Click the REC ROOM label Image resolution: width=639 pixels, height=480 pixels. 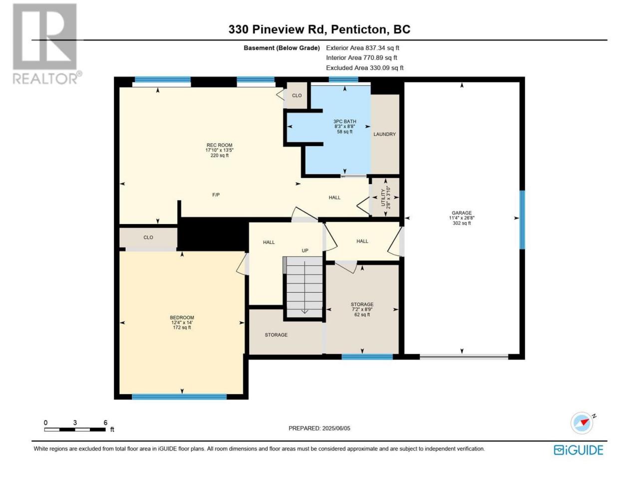coord(219,145)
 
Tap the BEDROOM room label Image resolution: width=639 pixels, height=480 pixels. coord(182,317)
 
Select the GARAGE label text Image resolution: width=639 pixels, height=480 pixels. coord(461,213)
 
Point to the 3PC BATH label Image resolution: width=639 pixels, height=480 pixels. coord(344,121)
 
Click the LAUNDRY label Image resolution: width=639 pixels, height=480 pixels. coord(384,134)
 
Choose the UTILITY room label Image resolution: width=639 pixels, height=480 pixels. coord(383,197)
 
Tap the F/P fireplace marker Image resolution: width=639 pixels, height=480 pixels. coord(216,194)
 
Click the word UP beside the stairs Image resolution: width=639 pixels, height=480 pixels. coord(305,250)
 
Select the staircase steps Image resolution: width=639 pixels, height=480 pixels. coord(304,287)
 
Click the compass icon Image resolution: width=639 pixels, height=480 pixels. coord(582,422)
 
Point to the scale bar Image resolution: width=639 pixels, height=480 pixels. coord(75,429)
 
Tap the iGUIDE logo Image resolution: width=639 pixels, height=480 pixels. coord(578,450)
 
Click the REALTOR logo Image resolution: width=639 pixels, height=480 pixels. coord(46,43)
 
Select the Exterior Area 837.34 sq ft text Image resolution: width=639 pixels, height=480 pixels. coord(362,48)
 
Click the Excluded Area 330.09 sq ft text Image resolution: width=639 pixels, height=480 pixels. coord(365,67)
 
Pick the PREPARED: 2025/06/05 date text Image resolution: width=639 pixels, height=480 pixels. coord(319,428)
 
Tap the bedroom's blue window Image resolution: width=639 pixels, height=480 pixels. coord(179,396)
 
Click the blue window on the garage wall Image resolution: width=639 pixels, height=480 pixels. coord(522,219)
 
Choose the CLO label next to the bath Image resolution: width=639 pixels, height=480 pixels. coord(297,95)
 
